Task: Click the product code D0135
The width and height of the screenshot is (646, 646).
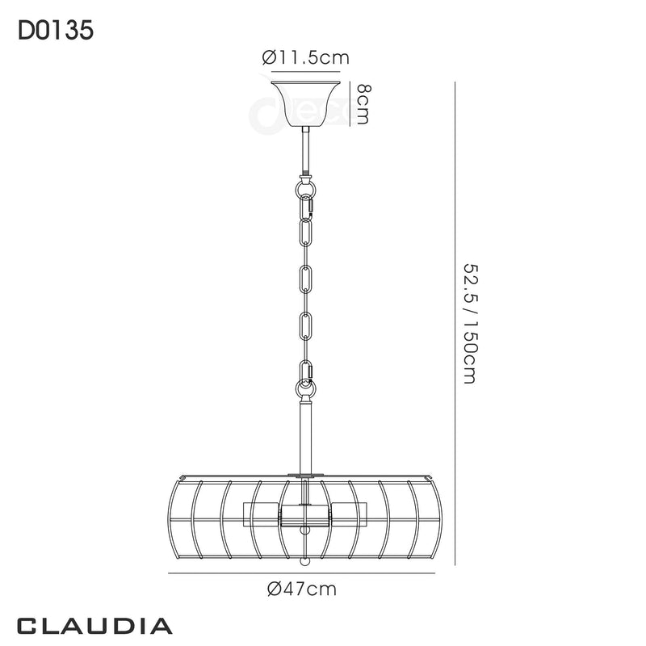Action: [55, 30]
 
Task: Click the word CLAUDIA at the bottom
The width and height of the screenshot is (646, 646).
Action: [94, 626]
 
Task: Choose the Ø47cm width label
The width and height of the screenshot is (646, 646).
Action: [302, 589]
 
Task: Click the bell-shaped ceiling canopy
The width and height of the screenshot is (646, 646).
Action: [304, 101]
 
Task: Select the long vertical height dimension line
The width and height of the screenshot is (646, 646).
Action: [457, 323]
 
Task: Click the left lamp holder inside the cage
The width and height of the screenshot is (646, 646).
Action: [262, 514]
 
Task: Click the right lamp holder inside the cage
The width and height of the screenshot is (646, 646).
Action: [346, 514]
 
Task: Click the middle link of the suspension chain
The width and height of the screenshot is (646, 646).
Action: [304, 279]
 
